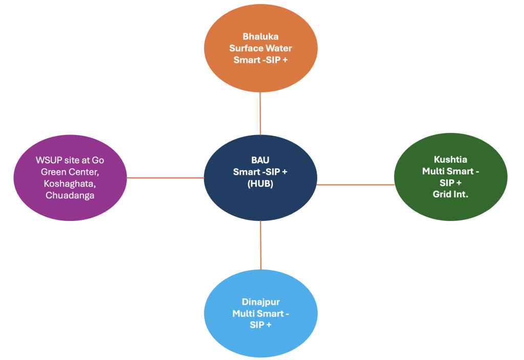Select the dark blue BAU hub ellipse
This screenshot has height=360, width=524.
point(260,197)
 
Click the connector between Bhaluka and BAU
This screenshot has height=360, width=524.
point(260,113)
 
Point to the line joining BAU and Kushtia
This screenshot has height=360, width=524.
point(356,185)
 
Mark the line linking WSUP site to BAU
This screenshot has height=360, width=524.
point(165,178)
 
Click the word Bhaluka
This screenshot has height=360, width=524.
point(260,37)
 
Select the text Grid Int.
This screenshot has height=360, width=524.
point(450,194)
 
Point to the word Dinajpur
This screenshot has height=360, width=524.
point(260,302)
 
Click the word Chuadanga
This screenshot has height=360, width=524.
point(70,195)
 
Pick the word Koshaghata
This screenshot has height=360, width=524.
point(70,184)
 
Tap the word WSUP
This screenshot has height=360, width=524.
point(48,160)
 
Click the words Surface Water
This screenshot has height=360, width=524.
point(260,48)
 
